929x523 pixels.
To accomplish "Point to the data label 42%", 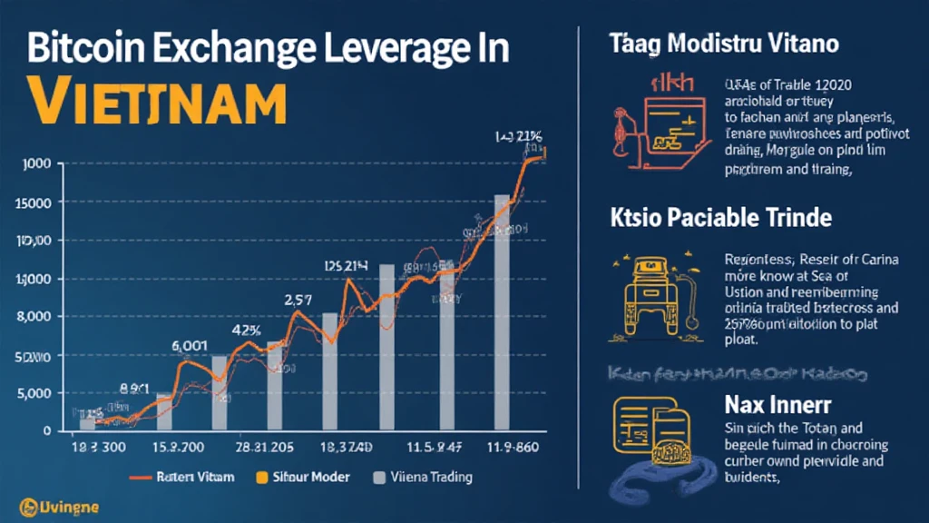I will (249, 330).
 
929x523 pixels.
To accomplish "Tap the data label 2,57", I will (299, 300).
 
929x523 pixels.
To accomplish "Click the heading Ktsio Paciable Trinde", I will (716, 218).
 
